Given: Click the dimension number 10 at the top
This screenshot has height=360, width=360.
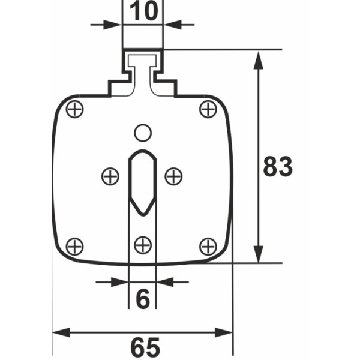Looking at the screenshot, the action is tap(144, 11).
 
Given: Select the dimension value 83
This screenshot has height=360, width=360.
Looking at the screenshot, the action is tap(278, 166).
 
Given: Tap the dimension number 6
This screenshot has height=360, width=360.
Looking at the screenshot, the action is tap(143, 298).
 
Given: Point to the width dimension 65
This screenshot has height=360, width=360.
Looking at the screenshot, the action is tap(145, 347).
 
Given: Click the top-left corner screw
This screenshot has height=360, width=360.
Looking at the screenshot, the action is tap(74, 109).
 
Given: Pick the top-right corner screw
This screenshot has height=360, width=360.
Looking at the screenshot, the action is tap(208, 109).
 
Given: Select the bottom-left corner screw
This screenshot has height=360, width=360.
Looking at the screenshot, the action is tap(74, 247).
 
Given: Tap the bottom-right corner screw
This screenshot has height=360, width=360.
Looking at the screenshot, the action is tap(208, 247).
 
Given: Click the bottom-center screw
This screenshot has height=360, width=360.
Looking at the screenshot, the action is tap(143, 245).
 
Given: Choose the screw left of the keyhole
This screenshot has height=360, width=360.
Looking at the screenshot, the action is tap(110, 176).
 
